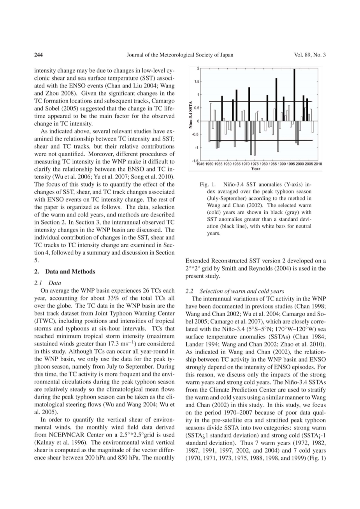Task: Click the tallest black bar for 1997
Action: point(294,95)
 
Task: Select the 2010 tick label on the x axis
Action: point(318,164)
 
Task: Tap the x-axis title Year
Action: point(256,169)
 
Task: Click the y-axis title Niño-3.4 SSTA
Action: point(191,114)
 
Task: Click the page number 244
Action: point(38,55)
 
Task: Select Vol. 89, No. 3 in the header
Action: point(310,55)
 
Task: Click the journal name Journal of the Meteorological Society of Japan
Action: point(180,55)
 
